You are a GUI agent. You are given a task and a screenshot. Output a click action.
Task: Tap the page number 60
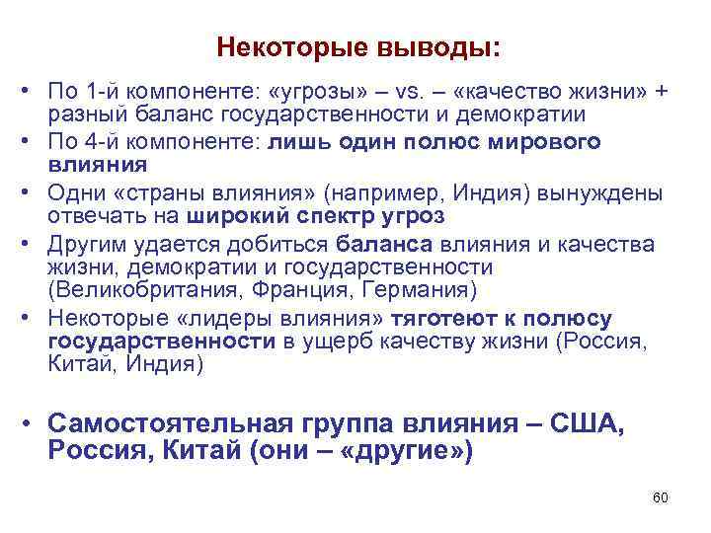[661, 496]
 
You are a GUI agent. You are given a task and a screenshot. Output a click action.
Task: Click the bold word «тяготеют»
[436, 319]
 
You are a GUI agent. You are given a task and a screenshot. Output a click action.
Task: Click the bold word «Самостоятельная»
[169, 423]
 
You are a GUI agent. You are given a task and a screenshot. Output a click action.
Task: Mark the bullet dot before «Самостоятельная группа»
[32, 424]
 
